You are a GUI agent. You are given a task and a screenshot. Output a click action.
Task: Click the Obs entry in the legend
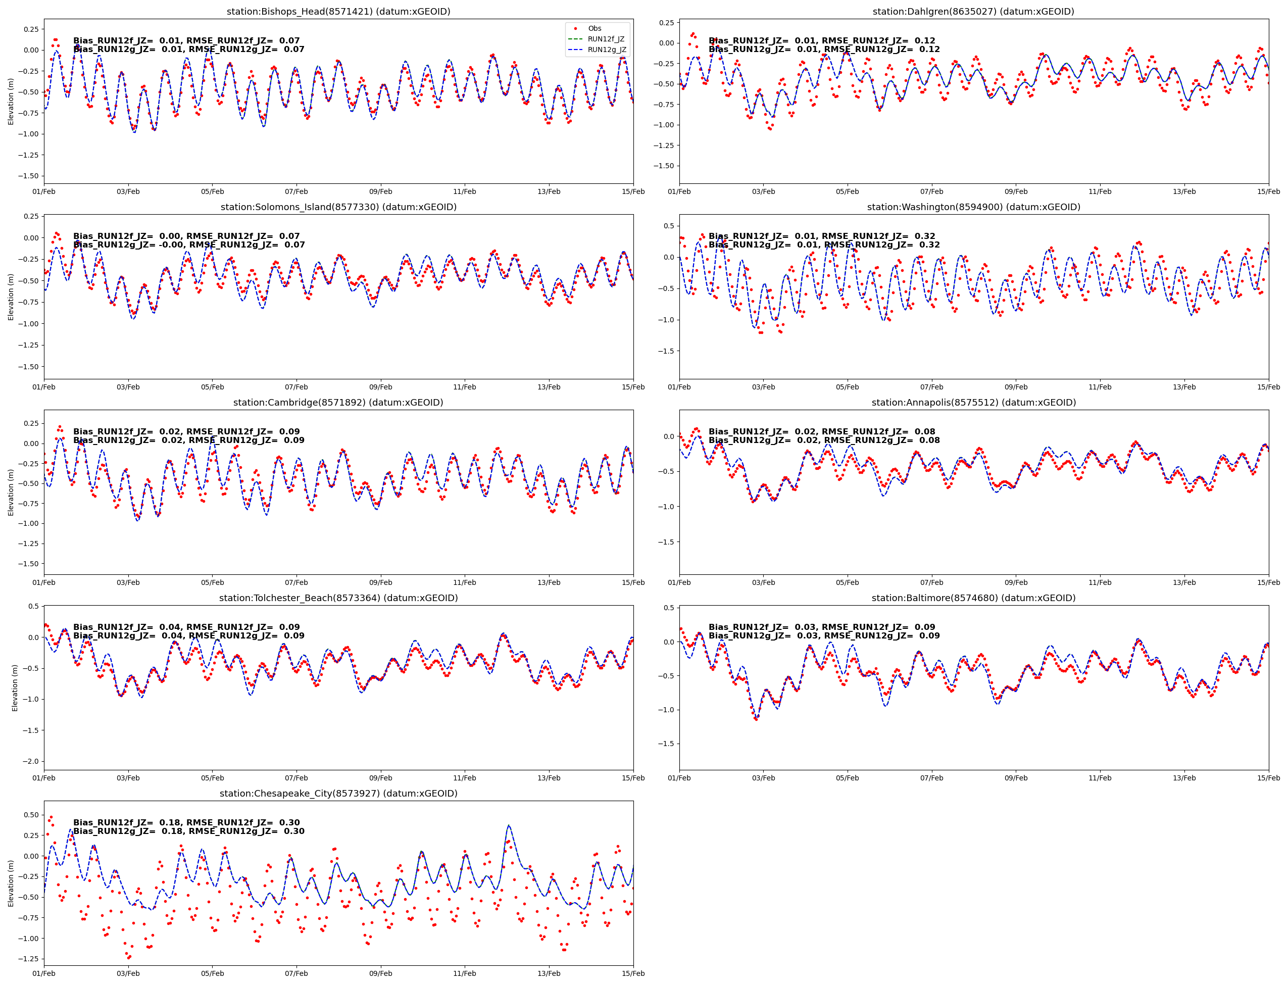tap(594, 28)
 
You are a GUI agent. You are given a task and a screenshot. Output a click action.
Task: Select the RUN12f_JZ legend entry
tap(606, 39)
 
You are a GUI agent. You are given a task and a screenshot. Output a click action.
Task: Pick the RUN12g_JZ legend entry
tap(606, 50)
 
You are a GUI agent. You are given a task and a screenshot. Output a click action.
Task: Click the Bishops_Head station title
tap(338, 12)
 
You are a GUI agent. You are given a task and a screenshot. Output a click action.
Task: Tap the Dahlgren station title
tap(973, 12)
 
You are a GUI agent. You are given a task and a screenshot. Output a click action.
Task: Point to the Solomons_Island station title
tap(338, 207)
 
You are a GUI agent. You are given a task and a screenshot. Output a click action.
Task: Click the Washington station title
tap(973, 207)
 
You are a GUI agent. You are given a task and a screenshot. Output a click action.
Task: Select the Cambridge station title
tap(338, 402)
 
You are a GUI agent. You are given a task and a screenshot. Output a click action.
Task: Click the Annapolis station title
tap(973, 402)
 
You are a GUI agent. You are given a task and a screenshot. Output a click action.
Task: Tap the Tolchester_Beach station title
tap(338, 598)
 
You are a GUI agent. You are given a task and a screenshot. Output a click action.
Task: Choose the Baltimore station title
tap(973, 598)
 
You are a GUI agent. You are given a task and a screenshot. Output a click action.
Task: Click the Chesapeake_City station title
tap(338, 793)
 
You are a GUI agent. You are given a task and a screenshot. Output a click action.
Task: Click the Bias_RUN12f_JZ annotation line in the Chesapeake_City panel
tap(186, 822)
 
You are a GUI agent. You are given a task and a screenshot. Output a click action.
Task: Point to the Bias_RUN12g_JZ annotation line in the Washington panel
tap(824, 245)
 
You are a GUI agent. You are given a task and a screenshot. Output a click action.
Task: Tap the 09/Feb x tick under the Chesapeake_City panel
tap(380, 973)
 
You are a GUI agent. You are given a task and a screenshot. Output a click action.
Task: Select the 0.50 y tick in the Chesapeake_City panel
tap(30, 815)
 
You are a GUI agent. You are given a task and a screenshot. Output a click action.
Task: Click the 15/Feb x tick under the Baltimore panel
tap(1268, 778)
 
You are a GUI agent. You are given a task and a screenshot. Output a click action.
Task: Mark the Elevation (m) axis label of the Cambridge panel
tap(11, 492)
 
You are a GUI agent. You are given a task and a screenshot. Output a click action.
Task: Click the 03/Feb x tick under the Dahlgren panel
tap(763, 192)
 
